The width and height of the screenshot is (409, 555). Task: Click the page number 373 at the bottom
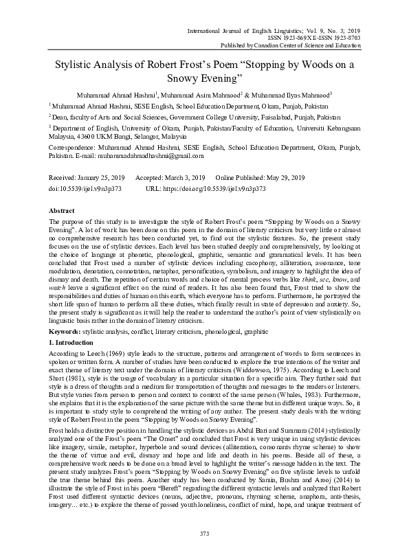pos(204,534)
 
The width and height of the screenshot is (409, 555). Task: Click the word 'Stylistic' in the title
pos(72,67)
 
